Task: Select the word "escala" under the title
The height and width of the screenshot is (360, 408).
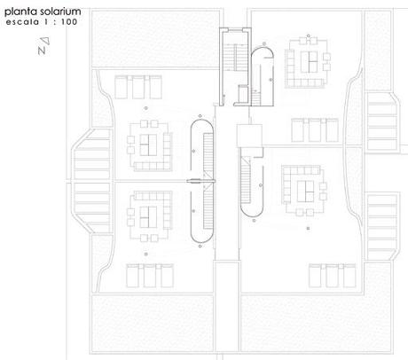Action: (x=22, y=22)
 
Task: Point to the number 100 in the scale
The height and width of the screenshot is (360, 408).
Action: (x=69, y=22)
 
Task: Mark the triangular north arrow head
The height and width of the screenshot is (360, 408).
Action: (x=45, y=41)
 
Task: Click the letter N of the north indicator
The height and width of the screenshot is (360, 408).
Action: (x=42, y=51)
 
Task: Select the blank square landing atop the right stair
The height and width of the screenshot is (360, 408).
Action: (x=249, y=136)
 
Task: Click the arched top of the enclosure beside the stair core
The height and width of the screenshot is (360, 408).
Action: (x=263, y=51)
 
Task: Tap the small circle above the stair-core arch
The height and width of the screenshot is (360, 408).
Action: (x=264, y=43)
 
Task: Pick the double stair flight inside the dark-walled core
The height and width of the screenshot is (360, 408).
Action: (x=235, y=58)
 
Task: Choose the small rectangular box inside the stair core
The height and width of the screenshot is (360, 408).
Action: (x=243, y=93)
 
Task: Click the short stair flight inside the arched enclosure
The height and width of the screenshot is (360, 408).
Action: (x=256, y=98)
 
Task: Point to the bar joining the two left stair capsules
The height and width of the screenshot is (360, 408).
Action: (x=200, y=181)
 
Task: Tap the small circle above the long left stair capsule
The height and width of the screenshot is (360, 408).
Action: (x=200, y=116)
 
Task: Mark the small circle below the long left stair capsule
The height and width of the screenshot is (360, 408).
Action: (x=200, y=246)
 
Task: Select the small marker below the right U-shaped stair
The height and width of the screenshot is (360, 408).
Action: (x=254, y=221)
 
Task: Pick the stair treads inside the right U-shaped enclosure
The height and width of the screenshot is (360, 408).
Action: (x=246, y=180)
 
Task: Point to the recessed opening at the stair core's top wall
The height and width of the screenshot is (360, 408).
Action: (x=235, y=29)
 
